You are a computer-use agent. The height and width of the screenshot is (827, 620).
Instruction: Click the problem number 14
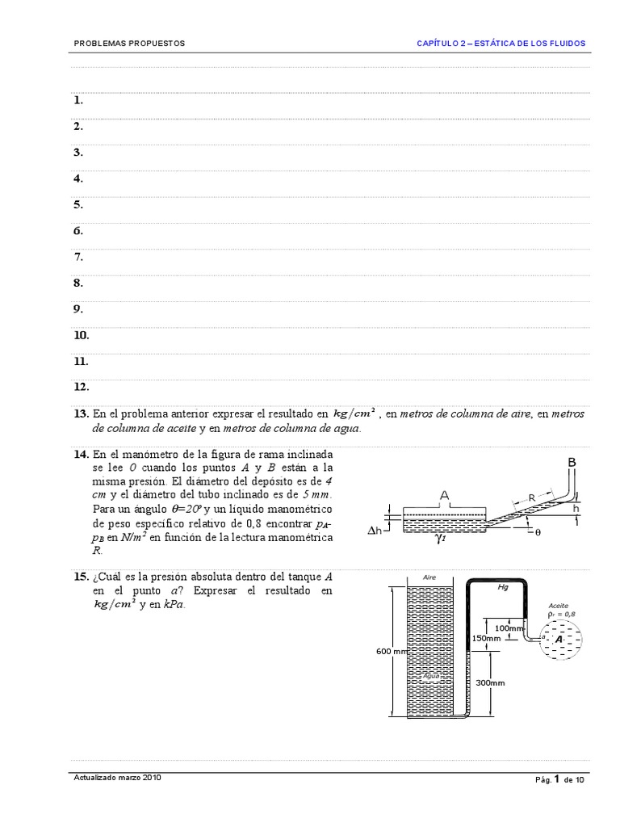click(x=80, y=455)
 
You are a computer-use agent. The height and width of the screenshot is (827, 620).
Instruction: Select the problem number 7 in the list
click(x=78, y=257)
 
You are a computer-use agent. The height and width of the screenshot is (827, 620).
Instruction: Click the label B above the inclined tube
click(x=572, y=461)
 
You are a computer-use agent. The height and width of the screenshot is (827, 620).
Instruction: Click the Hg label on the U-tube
click(x=503, y=587)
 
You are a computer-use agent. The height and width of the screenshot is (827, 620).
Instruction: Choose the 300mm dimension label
click(x=490, y=682)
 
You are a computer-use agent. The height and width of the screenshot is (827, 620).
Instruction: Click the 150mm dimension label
click(x=486, y=638)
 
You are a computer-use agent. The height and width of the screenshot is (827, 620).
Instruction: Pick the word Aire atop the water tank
click(x=429, y=577)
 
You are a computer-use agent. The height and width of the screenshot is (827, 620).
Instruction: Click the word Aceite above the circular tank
click(x=559, y=604)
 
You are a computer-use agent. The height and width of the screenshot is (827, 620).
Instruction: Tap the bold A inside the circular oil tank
click(x=558, y=639)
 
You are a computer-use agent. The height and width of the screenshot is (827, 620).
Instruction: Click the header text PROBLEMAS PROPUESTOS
click(x=129, y=43)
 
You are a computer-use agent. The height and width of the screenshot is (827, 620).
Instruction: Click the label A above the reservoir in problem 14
click(x=444, y=493)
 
